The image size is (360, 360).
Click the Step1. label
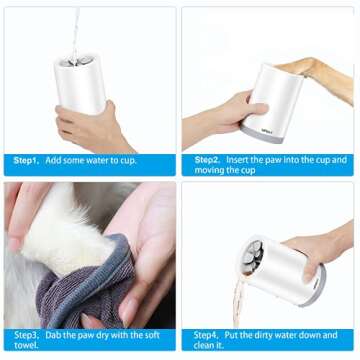click(x=26, y=161)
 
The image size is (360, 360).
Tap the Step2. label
click(x=208, y=160)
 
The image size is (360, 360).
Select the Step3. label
click(x=26, y=334)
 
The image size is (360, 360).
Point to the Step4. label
click(x=208, y=334)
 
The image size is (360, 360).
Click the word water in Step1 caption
click(x=96, y=161)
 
